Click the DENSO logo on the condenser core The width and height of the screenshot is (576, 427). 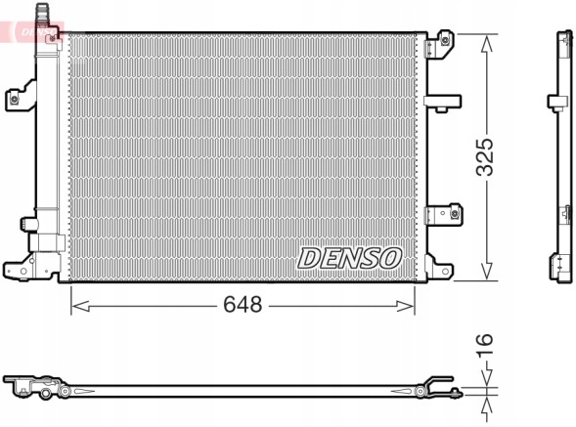coord(349,257)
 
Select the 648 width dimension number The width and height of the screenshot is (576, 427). coord(243,305)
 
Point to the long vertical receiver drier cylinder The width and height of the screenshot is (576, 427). coord(45,127)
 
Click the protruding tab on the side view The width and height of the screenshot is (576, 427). coord(553,100)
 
